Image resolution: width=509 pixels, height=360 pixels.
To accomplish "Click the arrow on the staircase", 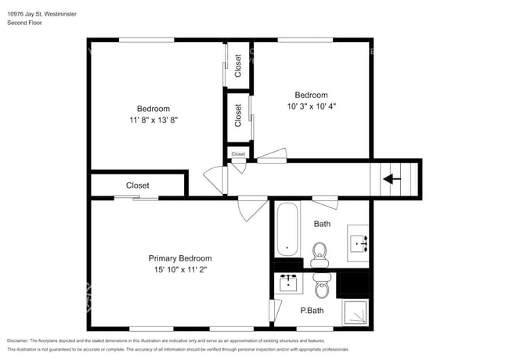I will pyautogui.click(x=392, y=179).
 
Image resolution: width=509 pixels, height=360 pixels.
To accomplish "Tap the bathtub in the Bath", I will pyautogui.click(x=287, y=229).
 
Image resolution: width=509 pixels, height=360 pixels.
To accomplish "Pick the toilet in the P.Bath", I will pyautogui.click(x=321, y=289).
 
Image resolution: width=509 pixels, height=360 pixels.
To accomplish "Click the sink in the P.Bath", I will pyautogui.click(x=289, y=281).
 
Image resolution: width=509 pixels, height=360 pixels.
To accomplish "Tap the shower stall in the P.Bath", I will pyautogui.click(x=356, y=312).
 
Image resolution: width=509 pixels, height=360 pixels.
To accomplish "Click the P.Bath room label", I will pyautogui.click(x=312, y=311).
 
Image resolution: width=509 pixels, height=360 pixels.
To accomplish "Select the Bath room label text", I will pyautogui.click(x=322, y=224).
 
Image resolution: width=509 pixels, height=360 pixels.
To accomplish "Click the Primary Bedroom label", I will pyautogui.click(x=180, y=258).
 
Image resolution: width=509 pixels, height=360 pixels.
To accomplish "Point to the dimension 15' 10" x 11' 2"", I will pyautogui.click(x=180, y=269).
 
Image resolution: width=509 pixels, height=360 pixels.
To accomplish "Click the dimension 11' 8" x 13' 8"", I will pyautogui.click(x=153, y=120).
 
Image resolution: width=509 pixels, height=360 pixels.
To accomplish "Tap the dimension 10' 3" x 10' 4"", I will pyautogui.click(x=311, y=106).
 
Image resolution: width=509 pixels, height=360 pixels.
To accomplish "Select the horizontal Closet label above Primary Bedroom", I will pyautogui.click(x=138, y=185).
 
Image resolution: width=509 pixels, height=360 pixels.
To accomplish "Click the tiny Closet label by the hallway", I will pyautogui.click(x=238, y=154).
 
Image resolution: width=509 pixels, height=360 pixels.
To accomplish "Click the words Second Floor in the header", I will pyautogui.click(x=24, y=23).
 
